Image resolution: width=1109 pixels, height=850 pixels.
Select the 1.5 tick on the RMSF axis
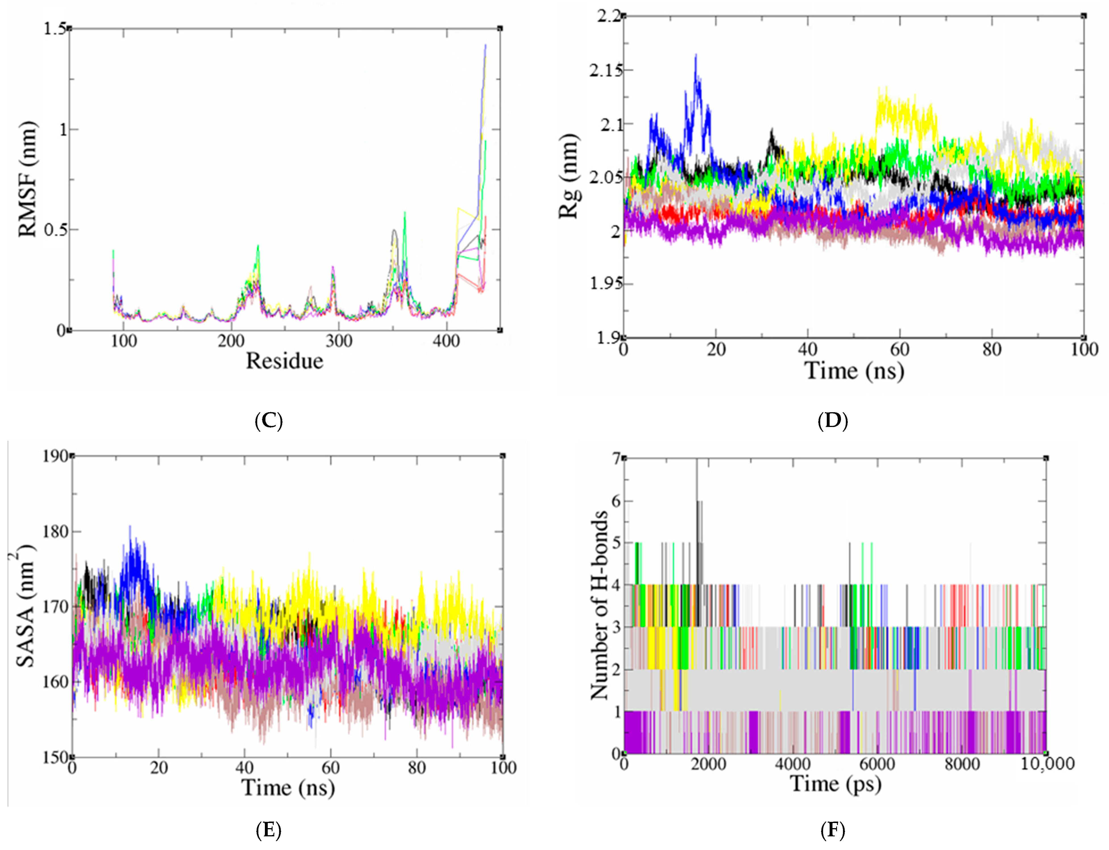coord(55,29)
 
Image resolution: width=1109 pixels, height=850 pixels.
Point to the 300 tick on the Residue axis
coord(338,341)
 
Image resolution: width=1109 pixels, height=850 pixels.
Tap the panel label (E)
coord(269,830)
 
